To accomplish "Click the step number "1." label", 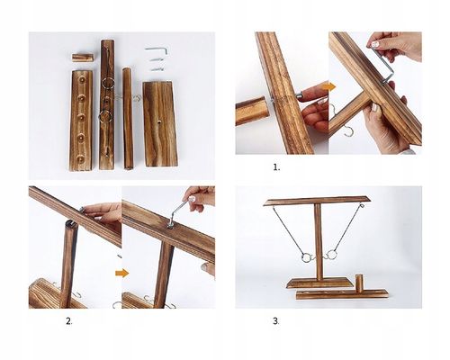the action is point(276,167).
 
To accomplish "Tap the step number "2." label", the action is point(69,321).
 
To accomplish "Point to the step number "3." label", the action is point(276,321).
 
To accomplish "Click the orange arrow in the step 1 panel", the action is point(330,86).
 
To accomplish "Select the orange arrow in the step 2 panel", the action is point(121,273).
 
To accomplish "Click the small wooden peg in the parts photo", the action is point(83,58).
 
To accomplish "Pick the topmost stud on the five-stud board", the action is point(82,79).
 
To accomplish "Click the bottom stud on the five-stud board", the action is point(81,157).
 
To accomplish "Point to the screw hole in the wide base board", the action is point(159,121).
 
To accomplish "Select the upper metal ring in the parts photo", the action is point(107,83).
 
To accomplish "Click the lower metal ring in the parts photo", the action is point(106,116).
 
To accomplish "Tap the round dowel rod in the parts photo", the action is point(127,119).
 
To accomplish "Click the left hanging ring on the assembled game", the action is point(306,257).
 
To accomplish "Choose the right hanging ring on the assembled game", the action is point(332,255).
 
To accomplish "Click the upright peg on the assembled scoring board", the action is point(358,282).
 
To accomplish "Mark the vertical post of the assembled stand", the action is point(319,241).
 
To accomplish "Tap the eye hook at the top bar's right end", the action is point(362,206).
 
